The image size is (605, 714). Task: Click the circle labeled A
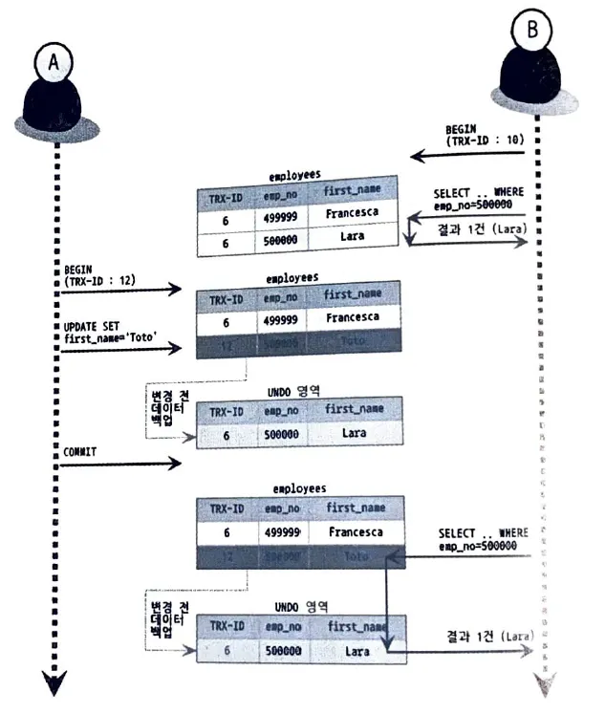pos(54,62)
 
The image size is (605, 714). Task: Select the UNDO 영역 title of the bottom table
pos(300,606)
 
